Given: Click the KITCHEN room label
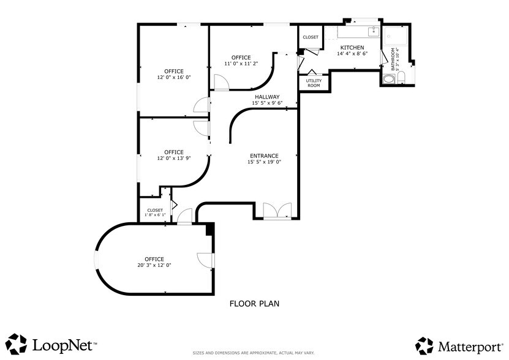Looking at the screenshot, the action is [352, 47].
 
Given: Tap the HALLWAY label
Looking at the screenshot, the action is [267, 97].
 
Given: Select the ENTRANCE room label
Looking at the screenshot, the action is [264, 156].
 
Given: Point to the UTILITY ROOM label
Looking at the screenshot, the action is [314, 83].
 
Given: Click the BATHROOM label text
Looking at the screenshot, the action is [393, 59].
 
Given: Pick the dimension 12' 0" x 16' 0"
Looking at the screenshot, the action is [174, 78].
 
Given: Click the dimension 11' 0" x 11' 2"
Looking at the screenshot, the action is [241, 64].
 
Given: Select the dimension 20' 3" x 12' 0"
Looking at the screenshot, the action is [154, 265].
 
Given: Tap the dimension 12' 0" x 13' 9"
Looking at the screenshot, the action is [174, 159].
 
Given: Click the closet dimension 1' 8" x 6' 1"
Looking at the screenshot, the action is [155, 214].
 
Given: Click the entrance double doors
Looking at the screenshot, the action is [277, 211].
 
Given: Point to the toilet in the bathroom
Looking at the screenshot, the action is [401, 78].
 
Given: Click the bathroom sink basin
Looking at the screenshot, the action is [388, 79].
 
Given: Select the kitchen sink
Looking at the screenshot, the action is [374, 31].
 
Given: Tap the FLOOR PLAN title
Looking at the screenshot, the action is [255, 304].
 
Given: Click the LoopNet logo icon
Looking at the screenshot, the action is [16, 344].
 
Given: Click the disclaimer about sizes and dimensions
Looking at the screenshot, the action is [254, 353].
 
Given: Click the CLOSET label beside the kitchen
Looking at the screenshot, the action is [311, 37].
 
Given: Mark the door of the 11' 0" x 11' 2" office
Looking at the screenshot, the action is [222, 82].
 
